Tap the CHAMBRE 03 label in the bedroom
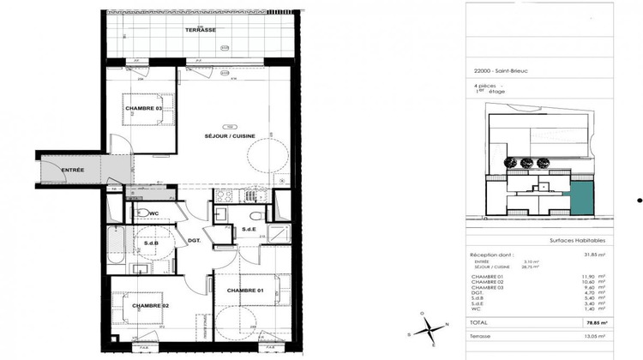click(143, 108)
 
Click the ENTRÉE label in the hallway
click(72, 170)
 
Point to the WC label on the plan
click(154, 213)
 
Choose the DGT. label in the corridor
click(194, 240)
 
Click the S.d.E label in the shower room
click(249, 230)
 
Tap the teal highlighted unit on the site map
click(582, 197)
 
